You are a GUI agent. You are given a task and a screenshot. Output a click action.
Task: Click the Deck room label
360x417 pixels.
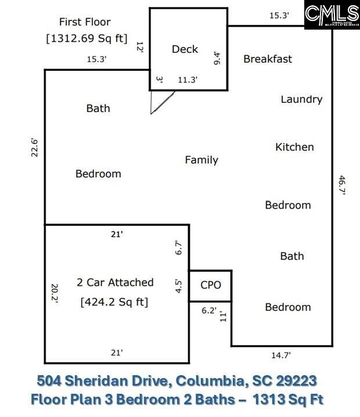point(185,49)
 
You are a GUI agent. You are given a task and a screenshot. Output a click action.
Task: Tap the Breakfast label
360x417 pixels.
point(267,59)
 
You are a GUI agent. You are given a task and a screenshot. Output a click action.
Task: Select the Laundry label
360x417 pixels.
point(301,99)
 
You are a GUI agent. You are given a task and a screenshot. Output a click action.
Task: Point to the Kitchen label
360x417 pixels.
point(294,147)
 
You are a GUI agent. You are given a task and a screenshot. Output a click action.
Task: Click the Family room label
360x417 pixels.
point(201,160)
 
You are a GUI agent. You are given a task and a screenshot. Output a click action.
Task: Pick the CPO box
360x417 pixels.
point(210,285)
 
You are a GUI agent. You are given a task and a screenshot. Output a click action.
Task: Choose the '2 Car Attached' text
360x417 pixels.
point(115,282)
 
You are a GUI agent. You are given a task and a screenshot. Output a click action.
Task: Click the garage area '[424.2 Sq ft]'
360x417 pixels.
point(115,302)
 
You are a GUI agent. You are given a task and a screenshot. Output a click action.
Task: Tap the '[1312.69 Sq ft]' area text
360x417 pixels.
point(87,39)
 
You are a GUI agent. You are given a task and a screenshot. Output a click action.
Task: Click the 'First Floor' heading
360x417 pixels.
point(85,22)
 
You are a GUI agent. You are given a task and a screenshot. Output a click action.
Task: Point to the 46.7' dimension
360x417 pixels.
point(342,185)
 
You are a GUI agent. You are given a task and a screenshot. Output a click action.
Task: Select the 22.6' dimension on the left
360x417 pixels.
point(35,148)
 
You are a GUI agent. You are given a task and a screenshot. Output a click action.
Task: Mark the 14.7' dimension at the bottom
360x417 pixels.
point(282,355)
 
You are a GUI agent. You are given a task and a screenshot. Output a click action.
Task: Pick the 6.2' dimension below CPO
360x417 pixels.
point(207,311)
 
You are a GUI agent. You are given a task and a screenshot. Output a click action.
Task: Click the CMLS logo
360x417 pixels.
point(332,15)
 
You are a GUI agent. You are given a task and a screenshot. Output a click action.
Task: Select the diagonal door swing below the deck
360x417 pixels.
point(163,102)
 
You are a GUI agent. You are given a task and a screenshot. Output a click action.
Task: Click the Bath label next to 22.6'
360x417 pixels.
point(98,108)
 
